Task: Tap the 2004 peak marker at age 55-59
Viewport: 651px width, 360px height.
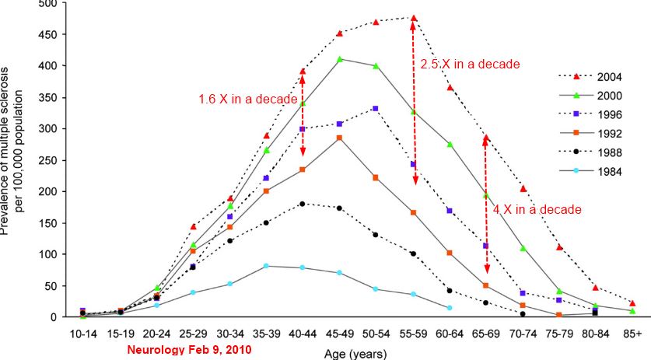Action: [x=414, y=18]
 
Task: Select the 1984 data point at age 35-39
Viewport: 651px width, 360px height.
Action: [x=266, y=266]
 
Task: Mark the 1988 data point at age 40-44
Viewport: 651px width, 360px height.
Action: [x=303, y=204]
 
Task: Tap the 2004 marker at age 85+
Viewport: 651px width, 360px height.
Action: [x=632, y=303]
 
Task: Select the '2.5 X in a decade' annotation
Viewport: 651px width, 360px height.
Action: [x=470, y=64]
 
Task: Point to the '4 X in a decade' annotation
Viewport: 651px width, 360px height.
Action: [x=537, y=209]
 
